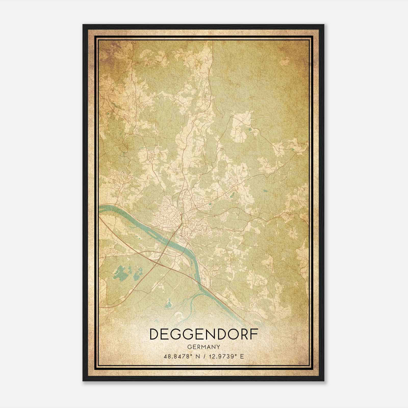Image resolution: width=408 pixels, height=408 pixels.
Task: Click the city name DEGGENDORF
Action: coord(204,334)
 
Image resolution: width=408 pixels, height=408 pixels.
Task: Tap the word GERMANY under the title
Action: coord(204,347)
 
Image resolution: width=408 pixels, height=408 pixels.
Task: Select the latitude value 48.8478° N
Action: coord(181,356)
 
